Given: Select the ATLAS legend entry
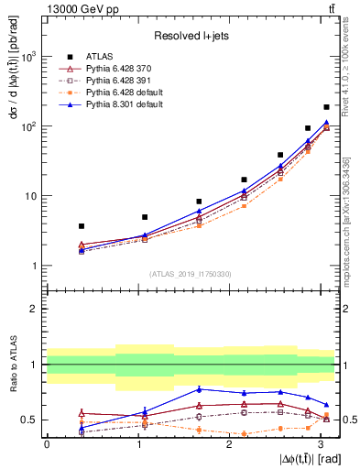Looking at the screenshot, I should click(103, 57).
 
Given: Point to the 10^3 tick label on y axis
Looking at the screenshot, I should click(28, 57).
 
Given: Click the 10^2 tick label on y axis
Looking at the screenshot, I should click(28, 126).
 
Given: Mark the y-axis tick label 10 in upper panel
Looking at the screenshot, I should click(30, 196).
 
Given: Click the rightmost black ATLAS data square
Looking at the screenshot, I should click(326, 107).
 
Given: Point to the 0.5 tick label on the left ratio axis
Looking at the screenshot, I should click(29, 420).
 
